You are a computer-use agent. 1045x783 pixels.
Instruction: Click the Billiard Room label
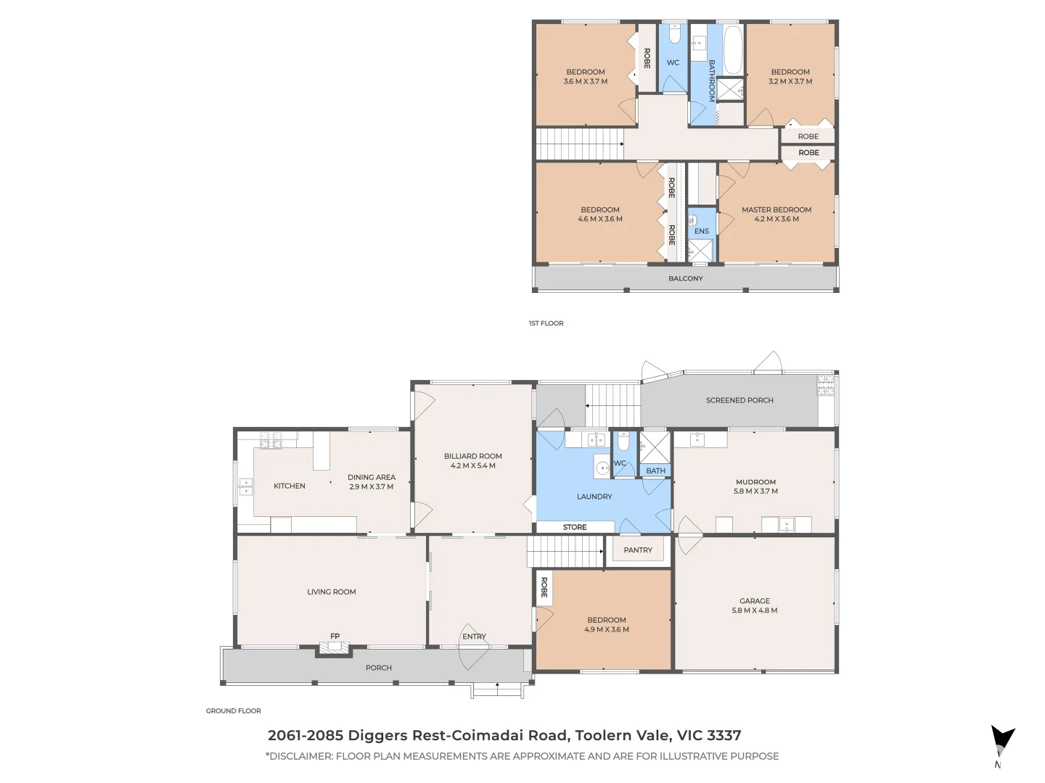pos(472,456)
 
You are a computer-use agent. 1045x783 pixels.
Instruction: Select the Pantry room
pos(638,550)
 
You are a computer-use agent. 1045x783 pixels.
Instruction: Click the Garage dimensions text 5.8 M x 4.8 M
pos(754,610)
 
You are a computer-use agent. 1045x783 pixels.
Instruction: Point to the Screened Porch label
pos(739,400)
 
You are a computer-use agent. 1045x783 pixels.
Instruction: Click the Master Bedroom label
pos(776,210)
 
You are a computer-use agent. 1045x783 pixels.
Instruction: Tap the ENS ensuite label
pos(701,231)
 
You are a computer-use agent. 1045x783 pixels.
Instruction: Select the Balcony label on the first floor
pos(685,278)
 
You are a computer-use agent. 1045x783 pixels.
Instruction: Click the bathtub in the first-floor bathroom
pos(733,49)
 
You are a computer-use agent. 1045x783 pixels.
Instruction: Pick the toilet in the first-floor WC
pos(673,36)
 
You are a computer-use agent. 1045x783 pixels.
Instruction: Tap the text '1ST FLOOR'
pos(546,323)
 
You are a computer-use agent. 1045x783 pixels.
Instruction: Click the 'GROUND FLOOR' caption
pos(233,711)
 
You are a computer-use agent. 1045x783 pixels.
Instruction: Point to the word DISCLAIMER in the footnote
pos(300,756)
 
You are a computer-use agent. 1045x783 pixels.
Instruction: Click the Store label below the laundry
pos(574,527)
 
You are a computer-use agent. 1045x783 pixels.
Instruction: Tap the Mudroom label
pos(755,482)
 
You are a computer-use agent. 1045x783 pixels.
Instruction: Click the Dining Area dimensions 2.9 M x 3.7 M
pos(371,487)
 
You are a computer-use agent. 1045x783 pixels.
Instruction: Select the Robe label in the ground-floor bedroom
pos(544,588)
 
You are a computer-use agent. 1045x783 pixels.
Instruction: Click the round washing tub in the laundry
pos(602,468)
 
